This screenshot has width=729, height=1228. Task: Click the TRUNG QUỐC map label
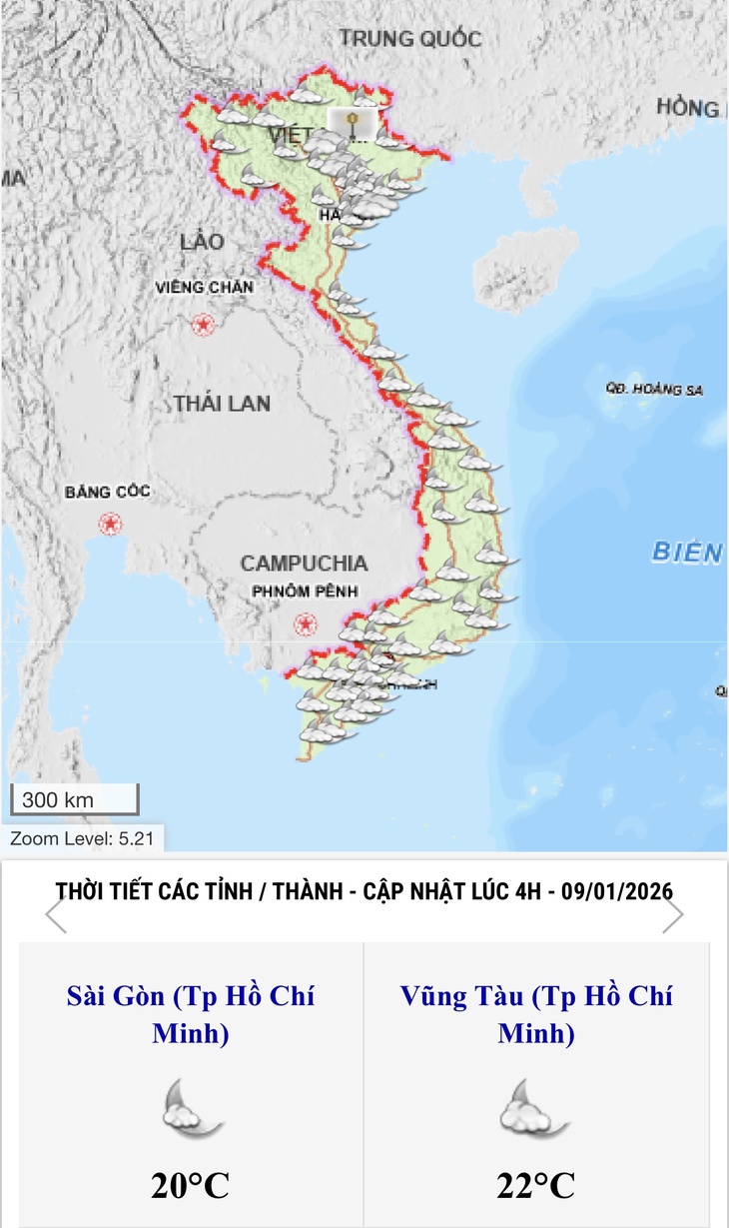point(409,39)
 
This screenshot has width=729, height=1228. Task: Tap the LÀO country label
point(203,242)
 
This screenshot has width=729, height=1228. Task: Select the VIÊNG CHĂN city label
point(205,288)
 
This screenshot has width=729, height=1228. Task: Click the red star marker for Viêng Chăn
point(204,325)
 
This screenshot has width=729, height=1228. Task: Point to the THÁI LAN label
point(222,404)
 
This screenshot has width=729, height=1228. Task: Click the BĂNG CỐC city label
point(107,492)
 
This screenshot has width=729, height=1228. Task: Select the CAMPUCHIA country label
point(304,564)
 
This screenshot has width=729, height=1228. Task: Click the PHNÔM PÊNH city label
point(305,592)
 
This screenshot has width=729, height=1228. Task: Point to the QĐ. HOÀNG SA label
point(653,390)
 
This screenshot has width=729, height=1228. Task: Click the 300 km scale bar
point(74,799)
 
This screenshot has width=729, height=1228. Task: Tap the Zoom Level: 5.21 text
point(82,839)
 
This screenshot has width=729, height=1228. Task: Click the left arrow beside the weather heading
point(56,914)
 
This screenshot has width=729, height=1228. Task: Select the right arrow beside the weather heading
point(673,914)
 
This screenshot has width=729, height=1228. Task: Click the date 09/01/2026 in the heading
point(616,890)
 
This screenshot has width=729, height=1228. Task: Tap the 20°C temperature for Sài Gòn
point(191,1186)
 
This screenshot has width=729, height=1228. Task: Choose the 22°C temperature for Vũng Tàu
point(536,1186)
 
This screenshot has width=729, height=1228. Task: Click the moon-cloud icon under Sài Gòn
point(191,1107)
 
